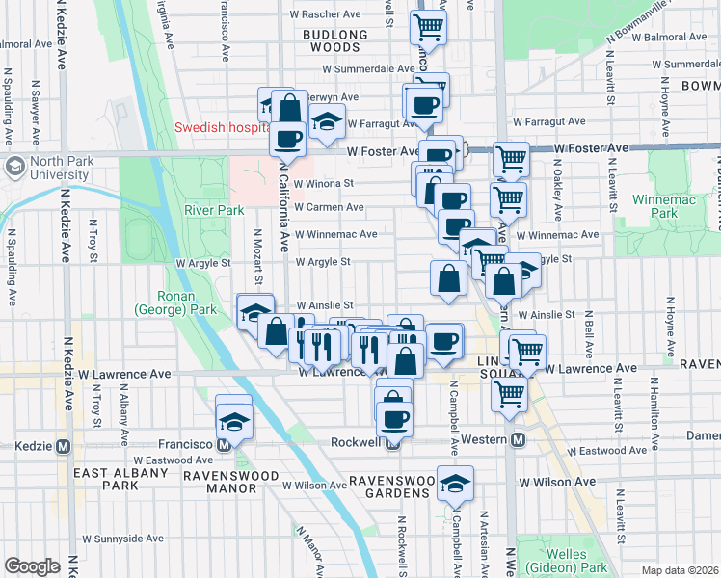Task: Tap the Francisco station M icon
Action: point(224,445)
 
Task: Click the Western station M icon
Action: point(518,440)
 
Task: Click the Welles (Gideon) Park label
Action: point(576,561)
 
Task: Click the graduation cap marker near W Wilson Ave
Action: point(455,484)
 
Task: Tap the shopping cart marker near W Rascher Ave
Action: point(428,27)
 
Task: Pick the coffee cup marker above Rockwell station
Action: point(394,418)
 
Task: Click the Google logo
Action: point(31,566)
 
